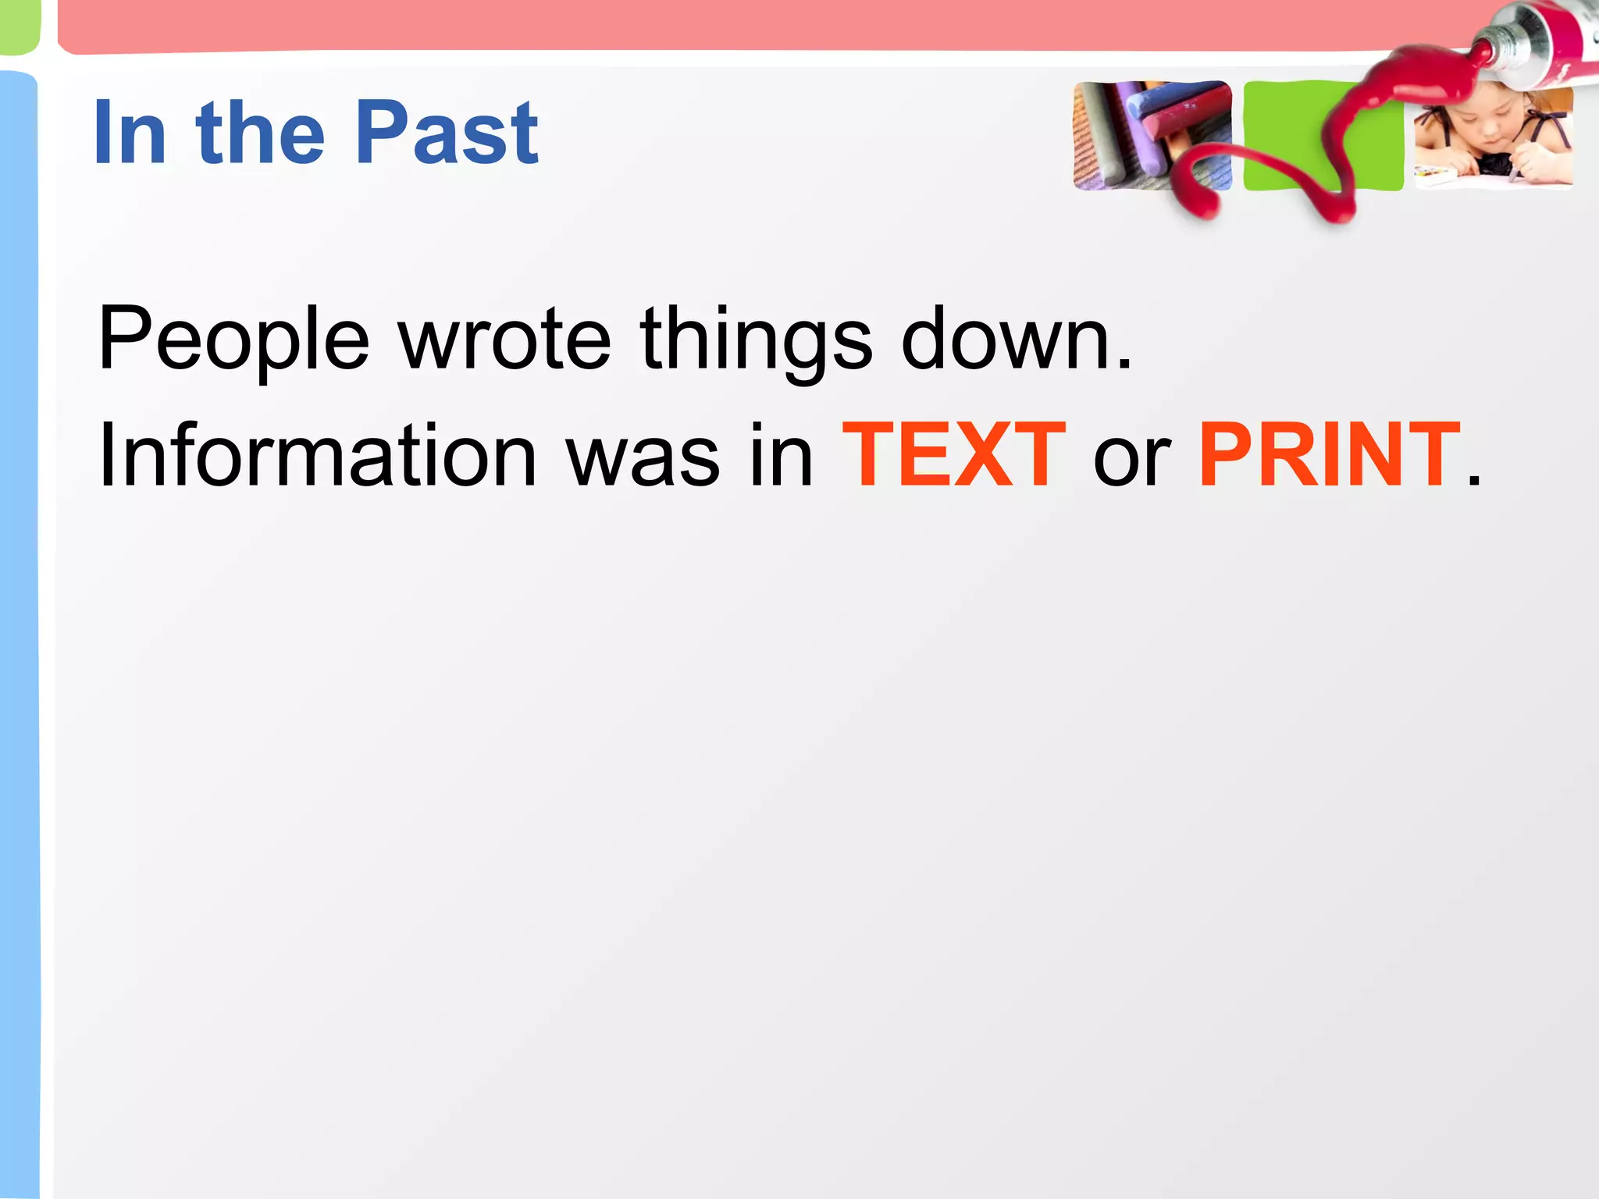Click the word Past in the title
pyautogui.click(x=447, y=133)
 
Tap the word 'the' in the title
pyautogui.click(x=261, y=133)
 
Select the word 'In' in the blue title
pyautogui.click(x=130, y=133)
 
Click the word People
pyautogui.click(x=233, y=340)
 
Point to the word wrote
pyautogui.click(x=504, y=340)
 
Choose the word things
pyautogui.click(x=755, y=340)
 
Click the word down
pyautogui.click(x=1007, y=340)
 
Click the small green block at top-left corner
pyautogui.click(x=17, y=27)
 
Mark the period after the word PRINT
pyautogui.click(x=1473, y=481)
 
